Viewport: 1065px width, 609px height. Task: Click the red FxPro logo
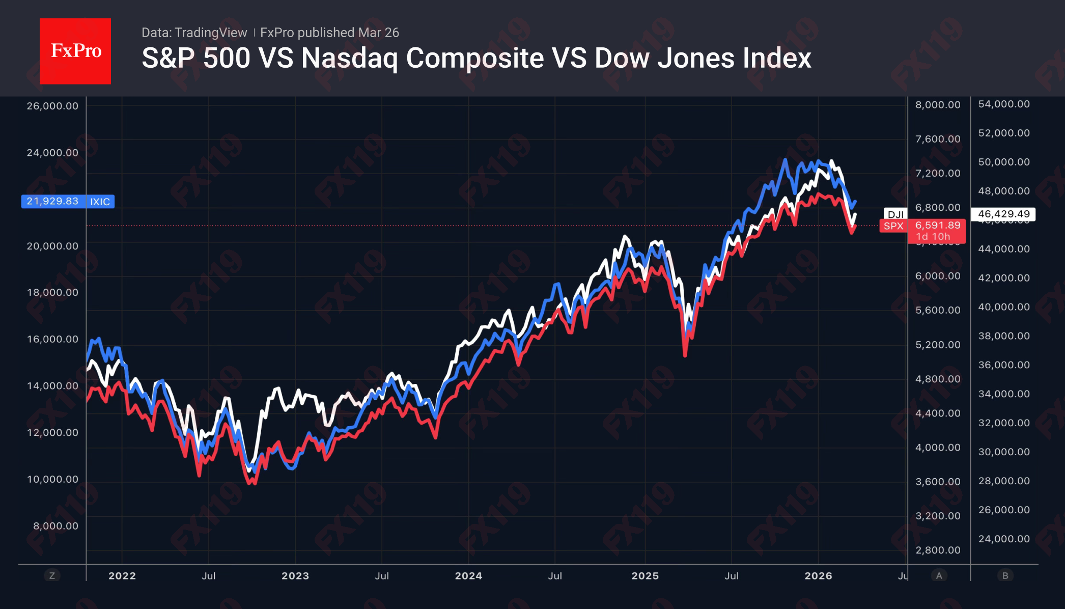[x=75, y=51]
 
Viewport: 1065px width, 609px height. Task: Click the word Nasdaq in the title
[x=349, y=58]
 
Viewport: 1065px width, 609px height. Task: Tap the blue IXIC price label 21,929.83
[x=53, y=201]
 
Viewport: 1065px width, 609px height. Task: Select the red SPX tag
[x=893, y=226]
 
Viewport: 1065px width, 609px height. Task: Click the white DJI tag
[x=895, y=214]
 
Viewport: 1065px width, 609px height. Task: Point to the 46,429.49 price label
[x=1003, y=214]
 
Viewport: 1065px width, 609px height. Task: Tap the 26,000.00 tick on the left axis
[x=52, y=106]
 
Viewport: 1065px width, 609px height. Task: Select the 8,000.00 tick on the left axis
[x=55, y=525]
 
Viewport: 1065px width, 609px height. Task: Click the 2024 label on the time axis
[x=468, y=575]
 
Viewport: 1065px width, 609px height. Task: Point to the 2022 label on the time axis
[x=122, y=575]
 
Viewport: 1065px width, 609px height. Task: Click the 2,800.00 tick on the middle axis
[x=938, y=550]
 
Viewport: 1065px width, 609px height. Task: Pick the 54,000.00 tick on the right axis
[x=1003, y=104]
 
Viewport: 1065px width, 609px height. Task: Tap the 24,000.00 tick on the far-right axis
[x=1003, y=539]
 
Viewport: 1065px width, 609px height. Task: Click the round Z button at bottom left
[x=52, y=575]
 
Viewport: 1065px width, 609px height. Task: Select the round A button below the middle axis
[x=939, y=575]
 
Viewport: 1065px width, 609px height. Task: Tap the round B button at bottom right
[x=1005, y=575]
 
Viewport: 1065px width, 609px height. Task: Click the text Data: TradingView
[x=194, y=33]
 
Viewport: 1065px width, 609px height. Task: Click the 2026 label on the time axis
[x=818, y=575]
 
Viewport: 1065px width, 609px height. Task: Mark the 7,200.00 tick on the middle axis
[x=938, y=173]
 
